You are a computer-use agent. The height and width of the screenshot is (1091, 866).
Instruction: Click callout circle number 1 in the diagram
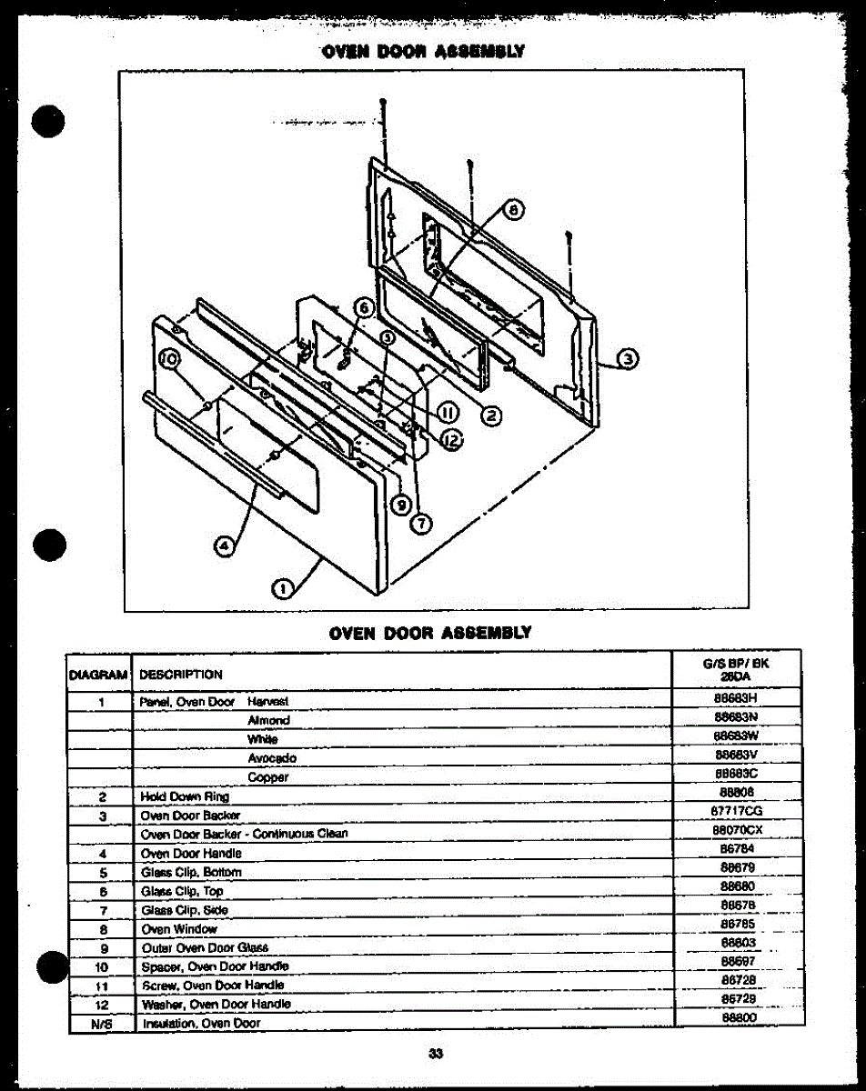tap(283, 588)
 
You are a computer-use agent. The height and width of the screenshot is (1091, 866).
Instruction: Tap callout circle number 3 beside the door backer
tap(627, 358)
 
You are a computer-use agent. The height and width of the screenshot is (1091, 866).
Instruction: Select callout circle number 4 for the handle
tap(222, 545)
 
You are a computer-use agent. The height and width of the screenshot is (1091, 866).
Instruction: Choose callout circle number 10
tap(168, 360)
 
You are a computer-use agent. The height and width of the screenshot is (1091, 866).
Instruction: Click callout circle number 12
tap(452, 440)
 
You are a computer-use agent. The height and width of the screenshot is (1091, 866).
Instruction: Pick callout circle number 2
tap(490, 416)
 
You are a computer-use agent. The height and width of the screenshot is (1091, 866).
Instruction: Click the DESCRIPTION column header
tap(181, 675)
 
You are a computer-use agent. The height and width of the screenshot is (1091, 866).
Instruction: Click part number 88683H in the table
tap(736, 701)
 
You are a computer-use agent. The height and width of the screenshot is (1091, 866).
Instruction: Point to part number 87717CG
tap(736, 810)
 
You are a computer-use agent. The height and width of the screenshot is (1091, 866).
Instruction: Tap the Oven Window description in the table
tap(178, 929)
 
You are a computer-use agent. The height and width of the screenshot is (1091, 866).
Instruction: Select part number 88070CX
tap(736, 830)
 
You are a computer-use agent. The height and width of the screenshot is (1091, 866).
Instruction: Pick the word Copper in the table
tap(267, 777)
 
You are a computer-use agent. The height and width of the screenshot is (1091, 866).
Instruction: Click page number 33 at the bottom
tap(435, 1054)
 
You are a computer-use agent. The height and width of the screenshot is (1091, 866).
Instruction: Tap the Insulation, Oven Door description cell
tap(201, 1023)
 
